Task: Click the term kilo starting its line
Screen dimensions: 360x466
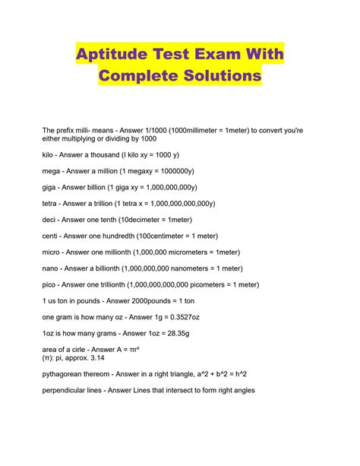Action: (x=49, y=154)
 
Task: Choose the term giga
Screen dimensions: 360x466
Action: (x=50, y=187)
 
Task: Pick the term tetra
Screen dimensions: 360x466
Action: (x=51, y=204)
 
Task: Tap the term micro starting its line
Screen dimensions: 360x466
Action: (x=52, y=252)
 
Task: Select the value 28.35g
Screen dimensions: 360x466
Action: (x=173, y=334)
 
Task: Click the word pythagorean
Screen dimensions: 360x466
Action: (x=68, y=375)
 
